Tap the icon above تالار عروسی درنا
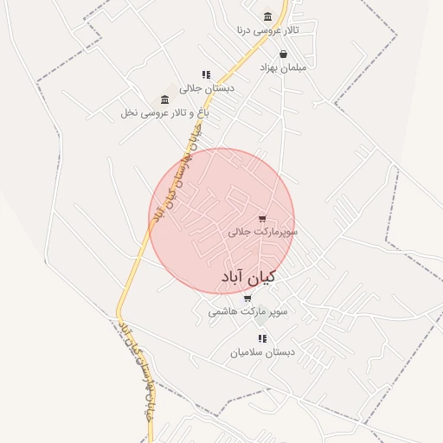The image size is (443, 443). coord(267,16)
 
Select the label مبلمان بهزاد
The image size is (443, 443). coord(282,67)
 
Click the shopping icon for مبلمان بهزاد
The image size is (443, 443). coord(283,54)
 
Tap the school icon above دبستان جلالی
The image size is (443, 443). coord(206,75)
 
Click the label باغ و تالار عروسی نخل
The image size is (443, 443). coord(165,112)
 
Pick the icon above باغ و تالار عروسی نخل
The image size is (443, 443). coord(164,100)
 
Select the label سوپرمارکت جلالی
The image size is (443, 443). coord(263,232)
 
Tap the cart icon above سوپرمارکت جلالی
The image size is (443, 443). coord(262,219)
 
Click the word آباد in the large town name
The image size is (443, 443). coord(232,278)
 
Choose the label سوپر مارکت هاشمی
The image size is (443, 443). coord(247,311)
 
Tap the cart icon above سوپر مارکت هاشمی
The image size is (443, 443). coord(248,299)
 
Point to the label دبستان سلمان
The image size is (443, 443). coord(263,352)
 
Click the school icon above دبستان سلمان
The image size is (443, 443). coord(262,339)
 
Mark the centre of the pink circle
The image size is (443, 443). coord(221,221)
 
